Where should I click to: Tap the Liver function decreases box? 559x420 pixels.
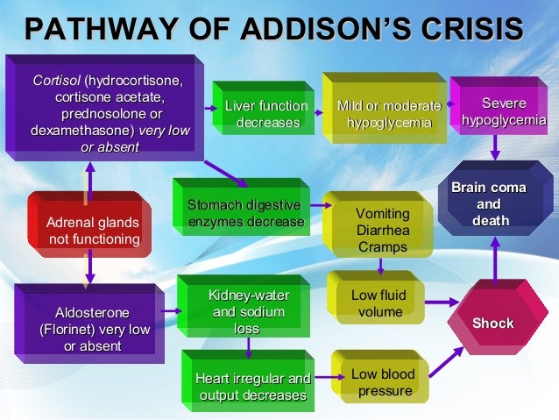pyautogui.click(x=266, y=115)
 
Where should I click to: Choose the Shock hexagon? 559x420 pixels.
pyautogui.click(x=492, y=324)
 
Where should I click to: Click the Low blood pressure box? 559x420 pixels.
pyautogui.click(x=382, y=382)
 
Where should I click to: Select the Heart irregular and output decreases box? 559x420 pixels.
pyautogui.click(x=252, y=387)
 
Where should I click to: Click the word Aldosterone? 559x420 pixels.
pyautogui.click(x=92, y=313)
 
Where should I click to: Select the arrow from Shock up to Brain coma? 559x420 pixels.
pyautogui.click(x=495, y=258)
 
